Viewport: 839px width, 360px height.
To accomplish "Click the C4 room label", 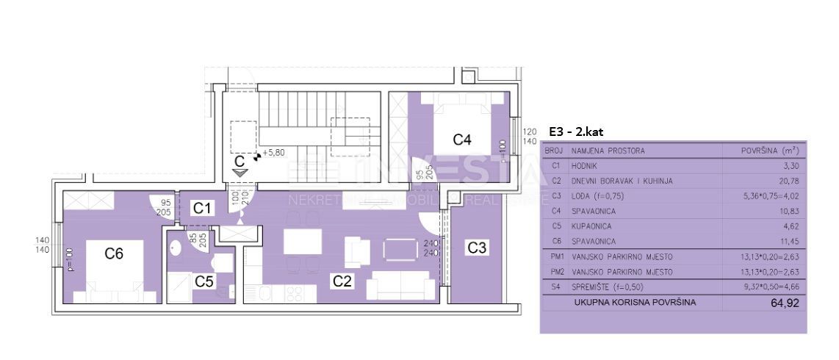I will point(461,139).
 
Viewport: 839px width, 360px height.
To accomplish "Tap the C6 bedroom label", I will point(114,254).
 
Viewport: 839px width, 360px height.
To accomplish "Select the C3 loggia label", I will point(477,248).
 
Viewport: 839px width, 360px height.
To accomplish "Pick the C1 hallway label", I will point(202,209).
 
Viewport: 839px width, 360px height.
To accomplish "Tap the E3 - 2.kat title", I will point(575,132).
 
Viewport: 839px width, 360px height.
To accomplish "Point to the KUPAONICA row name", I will point(591,226).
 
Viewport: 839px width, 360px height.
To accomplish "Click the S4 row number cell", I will point(555,287).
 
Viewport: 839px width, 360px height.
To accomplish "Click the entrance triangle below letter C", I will point(240,171).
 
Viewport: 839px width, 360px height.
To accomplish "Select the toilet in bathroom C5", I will point(220,262).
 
